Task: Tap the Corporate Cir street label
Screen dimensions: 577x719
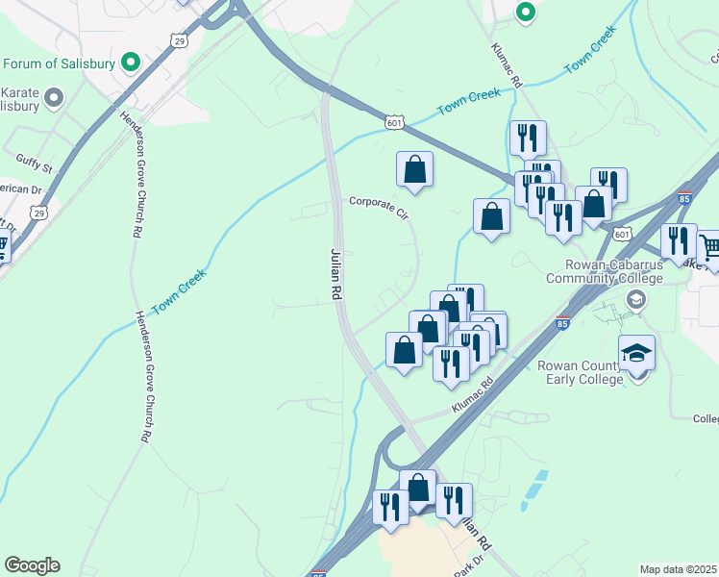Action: coord(379,206)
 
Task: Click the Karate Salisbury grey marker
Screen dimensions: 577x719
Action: coord(54,96)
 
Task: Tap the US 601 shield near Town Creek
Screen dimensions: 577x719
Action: coord(394,122)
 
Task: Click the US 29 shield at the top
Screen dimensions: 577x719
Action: coord(177,39)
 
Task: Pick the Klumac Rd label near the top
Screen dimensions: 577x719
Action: coord(507,66)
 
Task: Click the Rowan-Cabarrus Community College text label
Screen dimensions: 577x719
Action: coord(605,272)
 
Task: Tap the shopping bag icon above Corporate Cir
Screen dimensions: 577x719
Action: coord(414,169)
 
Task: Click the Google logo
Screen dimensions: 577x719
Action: coord(32,565)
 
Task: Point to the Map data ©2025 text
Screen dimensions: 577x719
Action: coord(679,569)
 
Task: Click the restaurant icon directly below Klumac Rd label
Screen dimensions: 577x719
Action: coord(528,138)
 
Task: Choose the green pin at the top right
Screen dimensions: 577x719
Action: coord(525,13)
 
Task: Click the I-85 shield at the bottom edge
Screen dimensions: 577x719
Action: coord(318,573)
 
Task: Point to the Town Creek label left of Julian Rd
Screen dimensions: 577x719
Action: coord(180,288)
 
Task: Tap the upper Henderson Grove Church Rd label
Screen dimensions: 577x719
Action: coord(133,173)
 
